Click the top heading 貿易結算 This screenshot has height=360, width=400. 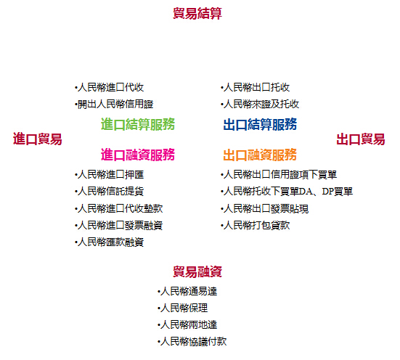click(197, 13)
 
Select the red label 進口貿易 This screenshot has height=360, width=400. click(38, 139)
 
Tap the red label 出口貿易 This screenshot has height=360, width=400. click(361, 139)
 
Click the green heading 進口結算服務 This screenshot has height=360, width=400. click(138, 124)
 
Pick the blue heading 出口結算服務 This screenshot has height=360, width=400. click(260, 124)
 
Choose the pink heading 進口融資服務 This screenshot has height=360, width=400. click(138, 155)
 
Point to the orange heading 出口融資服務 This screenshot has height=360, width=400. click(260, 155)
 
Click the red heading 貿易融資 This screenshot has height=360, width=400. click(197, 271)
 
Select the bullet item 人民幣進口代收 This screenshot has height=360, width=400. click(110, 87)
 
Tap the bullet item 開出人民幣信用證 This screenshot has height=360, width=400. click(114, 104)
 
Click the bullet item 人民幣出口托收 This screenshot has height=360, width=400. click(256, 87)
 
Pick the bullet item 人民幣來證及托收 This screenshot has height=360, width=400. click(260, 104)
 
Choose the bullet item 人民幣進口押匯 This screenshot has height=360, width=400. click(110, 174)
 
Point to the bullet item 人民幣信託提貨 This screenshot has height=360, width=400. click(110, 192)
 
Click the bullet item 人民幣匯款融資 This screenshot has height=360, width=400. click(110, 242)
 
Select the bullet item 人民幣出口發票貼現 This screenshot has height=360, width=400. click(265, 208)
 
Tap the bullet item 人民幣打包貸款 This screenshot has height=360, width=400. click(256, 225)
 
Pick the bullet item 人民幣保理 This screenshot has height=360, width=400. click(183, 308)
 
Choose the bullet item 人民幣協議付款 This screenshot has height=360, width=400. click(192, 341)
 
